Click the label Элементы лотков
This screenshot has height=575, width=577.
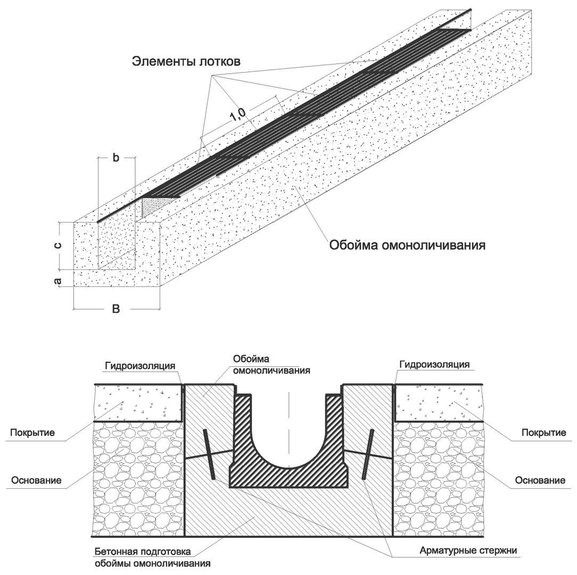pos(186,61)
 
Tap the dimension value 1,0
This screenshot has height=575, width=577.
pos(238,114)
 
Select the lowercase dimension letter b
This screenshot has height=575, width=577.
pos(116,158)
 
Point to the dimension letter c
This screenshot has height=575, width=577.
pos(58,245)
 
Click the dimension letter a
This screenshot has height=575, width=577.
pos(57,281)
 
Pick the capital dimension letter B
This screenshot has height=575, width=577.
pos(116,308)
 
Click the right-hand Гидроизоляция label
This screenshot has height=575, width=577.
pos(434,365)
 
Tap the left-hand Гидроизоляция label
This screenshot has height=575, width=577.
pos(140,366)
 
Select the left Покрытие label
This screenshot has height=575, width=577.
pos(32,432)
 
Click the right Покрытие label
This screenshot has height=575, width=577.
pos(544,432)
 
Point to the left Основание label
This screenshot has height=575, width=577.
pos(36,480)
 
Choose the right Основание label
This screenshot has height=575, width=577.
pos(540,480)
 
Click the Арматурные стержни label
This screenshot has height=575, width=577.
pos(468,551)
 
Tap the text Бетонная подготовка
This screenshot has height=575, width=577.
pos(143,552)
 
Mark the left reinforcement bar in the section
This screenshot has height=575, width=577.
pos(209,454)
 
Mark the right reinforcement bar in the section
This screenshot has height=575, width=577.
pos(368,454)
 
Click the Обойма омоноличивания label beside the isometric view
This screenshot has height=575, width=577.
pos(407,245)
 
